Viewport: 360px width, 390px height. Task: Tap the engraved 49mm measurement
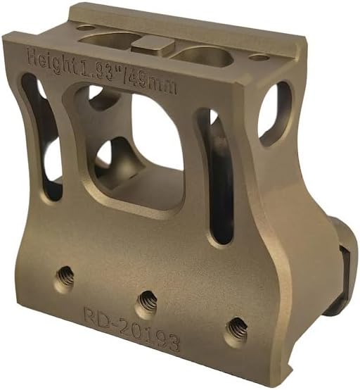(x=153, y=83)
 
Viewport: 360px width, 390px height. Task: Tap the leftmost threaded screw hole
(x=66, y=277)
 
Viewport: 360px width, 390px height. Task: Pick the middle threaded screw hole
(x=147, y=300)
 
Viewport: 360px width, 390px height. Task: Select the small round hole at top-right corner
(x=258, y=58)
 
